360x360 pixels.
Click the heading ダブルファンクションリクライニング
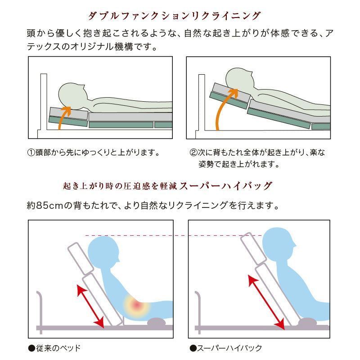tap(174, 16)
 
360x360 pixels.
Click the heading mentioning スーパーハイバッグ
tap(167, 186)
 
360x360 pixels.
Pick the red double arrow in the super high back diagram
tap(266, 302)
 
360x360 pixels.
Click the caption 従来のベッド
tap(54, 348)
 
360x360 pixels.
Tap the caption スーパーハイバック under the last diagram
tap(226, 348)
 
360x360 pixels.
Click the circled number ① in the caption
tap(31, 152)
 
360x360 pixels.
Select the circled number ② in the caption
tap(193, 152)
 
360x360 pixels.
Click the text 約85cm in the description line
tap(45, 206)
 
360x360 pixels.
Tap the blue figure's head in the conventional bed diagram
tap(103, 252)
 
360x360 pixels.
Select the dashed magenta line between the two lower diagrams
tap(173, 235)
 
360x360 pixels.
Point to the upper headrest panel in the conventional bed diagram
tap(81, 258)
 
